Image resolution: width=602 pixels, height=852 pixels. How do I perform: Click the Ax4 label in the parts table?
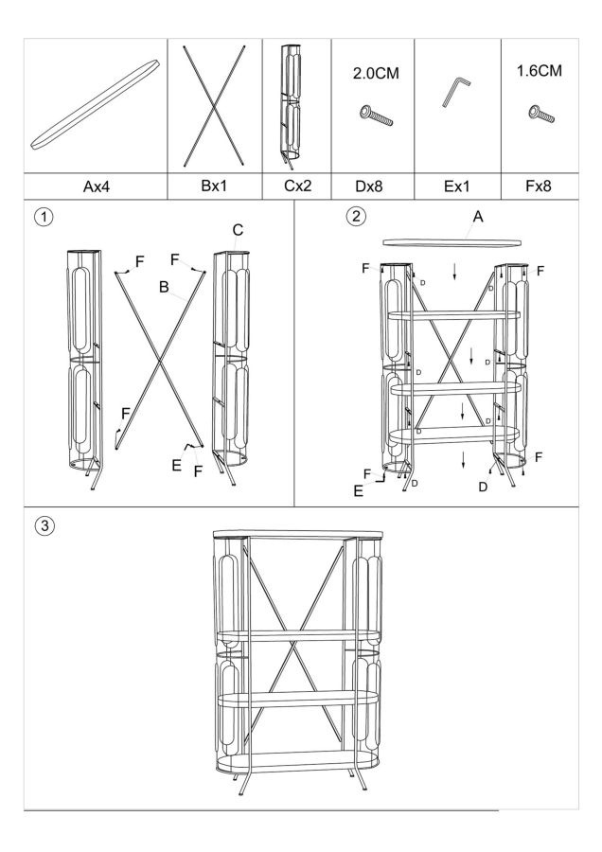96,186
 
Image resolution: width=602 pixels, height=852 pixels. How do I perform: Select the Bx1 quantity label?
216,186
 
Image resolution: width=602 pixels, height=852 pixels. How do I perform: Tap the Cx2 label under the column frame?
297,186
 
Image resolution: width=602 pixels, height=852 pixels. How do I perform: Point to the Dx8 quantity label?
372,186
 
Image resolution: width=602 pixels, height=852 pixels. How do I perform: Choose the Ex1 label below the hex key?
456,186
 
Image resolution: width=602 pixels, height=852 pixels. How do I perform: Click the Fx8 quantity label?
538,186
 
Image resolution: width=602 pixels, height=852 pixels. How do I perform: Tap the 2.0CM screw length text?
372,73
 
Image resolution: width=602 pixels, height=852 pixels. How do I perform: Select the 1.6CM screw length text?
539,71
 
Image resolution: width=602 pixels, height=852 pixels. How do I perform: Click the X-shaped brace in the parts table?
216,104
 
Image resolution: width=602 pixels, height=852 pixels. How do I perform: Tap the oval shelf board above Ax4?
96,105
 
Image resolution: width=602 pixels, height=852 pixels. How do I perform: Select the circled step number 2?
355,217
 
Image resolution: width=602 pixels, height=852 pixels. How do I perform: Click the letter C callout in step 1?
238,230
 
